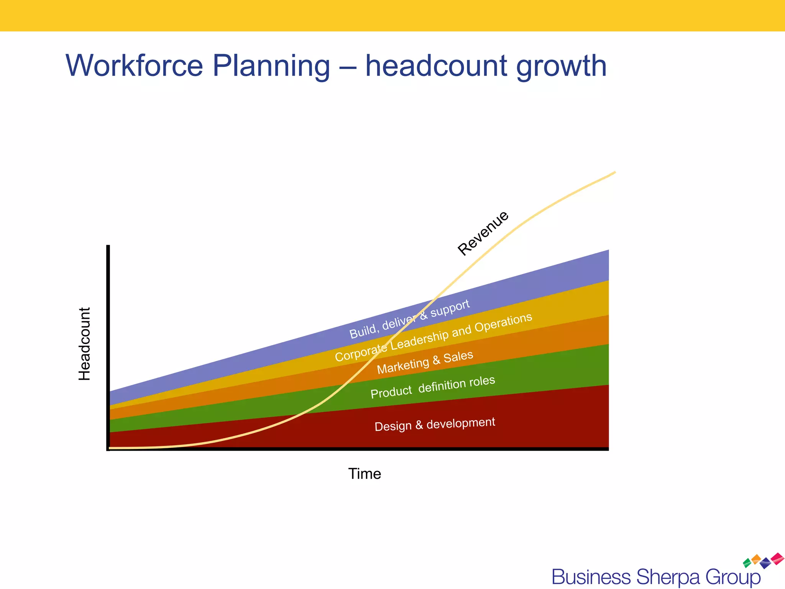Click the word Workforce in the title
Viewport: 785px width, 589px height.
click(x=134, y=66)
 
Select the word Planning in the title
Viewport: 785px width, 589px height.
click(x=271, y=66)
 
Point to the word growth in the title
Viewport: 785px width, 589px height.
click(x=561, y=66)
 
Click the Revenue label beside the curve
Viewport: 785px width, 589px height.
click(x=483, y=233)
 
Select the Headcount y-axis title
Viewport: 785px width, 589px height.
click(x=84, y=344)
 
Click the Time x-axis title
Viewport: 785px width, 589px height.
click(x=365, y=474)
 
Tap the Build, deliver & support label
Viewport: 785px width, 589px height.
click(x=409, y=319)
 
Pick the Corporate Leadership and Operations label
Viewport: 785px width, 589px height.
click(x=433, y=337)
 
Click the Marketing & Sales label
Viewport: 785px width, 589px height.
click(x=425, y=362)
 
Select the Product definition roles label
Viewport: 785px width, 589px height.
click(x=433, y=387)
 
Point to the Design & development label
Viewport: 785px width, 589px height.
click(x=435, y=424)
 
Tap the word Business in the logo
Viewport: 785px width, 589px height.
click(x=591, y=577)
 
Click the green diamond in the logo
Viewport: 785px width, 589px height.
click(x=747, y=563)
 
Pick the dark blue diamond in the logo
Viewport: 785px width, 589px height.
click(x=765, y=563)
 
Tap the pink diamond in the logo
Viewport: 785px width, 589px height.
click(x=777, y=558)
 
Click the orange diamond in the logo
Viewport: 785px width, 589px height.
click(x=756, y=559)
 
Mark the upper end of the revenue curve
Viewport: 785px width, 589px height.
click(x=614, y=173)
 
